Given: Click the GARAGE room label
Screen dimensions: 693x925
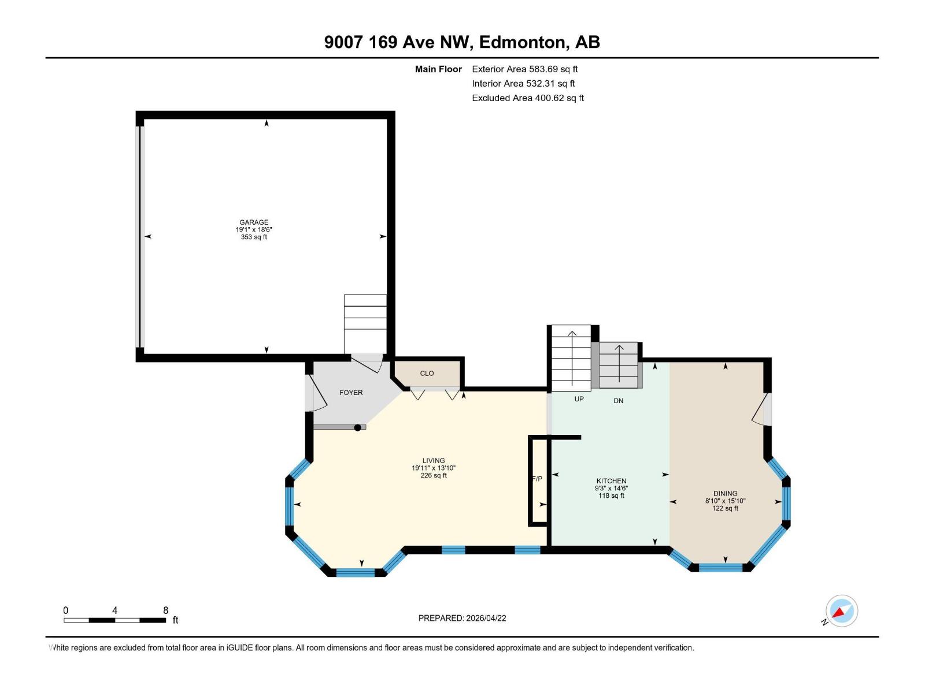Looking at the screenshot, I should coord(254,222).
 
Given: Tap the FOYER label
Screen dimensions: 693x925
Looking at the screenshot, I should coord(351,393).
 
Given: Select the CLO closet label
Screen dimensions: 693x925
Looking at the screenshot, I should coord(427,374).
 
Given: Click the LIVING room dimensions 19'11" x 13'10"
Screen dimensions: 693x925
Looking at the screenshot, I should coord(434,468).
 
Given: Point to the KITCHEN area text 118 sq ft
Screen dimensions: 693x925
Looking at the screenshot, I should coord(611,496).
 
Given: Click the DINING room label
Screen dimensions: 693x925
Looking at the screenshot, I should coord(725,494).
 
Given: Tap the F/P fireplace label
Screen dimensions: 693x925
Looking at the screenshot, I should coord(537,479).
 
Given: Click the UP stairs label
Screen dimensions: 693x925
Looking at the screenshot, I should coord(579,399).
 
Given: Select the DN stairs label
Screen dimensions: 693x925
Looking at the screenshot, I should coord(618,401).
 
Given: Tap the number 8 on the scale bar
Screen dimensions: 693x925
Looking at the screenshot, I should coord(166,610).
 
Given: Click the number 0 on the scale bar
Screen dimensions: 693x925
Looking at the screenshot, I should coord(66,610).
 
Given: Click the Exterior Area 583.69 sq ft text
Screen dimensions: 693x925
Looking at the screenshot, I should coord(524,69).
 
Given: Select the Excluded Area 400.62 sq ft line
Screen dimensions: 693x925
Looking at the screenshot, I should coord(527,98).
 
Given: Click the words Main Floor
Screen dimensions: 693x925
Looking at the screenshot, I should coord(438,69).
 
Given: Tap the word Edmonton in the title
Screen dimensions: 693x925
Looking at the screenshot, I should coord(522,42).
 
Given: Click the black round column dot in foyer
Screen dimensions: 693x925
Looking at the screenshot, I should coord(358,428).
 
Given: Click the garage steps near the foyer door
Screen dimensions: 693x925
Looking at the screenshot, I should coord(365,323).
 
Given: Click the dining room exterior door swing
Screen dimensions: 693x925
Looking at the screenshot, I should coord(759,409).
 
